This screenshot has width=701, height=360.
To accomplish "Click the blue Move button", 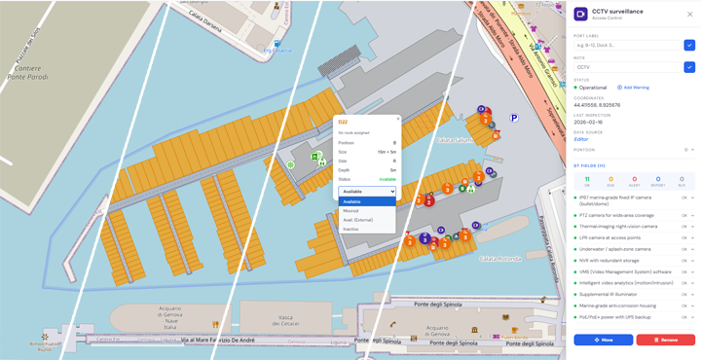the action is click(603, 340).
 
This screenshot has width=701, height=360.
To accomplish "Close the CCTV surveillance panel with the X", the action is click(690, 15).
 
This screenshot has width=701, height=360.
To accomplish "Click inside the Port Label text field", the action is click(627, 45).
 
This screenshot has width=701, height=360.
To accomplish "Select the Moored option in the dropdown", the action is click(351, 210).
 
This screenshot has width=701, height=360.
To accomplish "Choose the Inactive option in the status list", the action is click(350, 229).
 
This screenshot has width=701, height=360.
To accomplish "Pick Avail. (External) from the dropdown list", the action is click(358, 220).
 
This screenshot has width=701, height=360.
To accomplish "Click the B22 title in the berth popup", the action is click(343, 121).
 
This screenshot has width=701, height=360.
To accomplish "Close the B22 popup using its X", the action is click(397, 120).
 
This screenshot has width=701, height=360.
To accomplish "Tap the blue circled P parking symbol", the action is click(514, 118).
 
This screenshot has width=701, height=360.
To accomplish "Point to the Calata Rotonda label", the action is click(498, 258).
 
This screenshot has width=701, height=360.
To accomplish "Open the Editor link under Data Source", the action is click(581, 139).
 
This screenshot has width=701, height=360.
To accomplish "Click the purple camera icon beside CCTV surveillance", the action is click(580, 15).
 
